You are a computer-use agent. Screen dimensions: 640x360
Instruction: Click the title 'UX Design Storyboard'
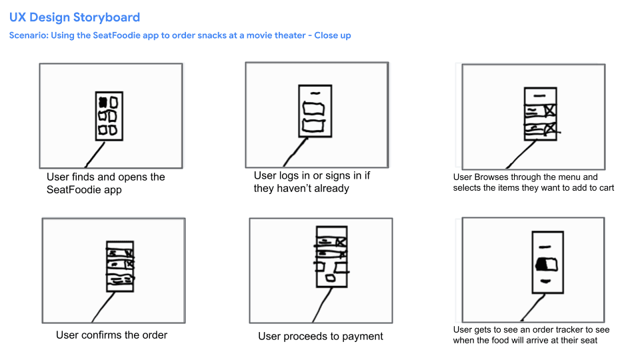click(75, 17)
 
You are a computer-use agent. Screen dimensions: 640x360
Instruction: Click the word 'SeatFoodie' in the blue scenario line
click(117, 35)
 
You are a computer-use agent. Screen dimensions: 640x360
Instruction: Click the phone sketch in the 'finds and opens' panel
click(109, 116)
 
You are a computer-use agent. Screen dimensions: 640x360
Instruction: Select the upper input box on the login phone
click(313, 109)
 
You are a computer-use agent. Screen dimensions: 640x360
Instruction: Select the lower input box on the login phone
click(313, 125)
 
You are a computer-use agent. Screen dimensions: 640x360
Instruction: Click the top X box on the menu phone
click(550, 110)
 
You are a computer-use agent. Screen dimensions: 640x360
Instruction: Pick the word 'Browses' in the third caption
click(491, 177)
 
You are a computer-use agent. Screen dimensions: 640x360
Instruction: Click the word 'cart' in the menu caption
click(606, 188)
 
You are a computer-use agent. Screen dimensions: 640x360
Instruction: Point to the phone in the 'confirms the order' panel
click(120, 266)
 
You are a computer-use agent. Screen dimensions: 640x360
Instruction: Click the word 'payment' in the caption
click(363, 336)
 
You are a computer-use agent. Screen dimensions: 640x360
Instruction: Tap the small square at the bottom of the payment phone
click(330, 279)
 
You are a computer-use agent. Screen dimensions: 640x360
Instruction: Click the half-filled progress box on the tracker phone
click(546, 264)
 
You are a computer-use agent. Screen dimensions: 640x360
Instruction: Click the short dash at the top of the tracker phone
click(545, 247)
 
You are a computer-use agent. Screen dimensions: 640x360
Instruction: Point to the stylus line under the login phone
click(295, 152)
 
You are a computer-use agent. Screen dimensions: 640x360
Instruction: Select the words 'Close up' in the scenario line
click(333, 35)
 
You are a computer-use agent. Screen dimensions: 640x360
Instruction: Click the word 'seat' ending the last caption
click(589, 341)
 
